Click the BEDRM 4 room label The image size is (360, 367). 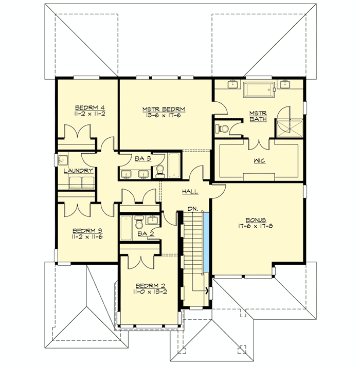click(x=89, y=107)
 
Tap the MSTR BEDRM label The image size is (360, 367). click(x=164, y=109)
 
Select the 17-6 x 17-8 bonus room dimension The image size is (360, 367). click(x=256, y=226)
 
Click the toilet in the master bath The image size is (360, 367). click(x=222, y=129)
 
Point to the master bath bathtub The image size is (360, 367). click(x=259, y=89)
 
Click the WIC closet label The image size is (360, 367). click(x=259, y=161)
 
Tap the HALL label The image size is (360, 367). click(x=190, y=192)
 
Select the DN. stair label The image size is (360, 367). click(x=193, y=209)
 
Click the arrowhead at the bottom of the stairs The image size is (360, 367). click(x=207, y=291)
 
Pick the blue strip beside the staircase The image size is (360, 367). click(x=206, y=242)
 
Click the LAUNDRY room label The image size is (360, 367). click(x=78, y=171)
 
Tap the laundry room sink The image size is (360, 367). click(x=63, y=160)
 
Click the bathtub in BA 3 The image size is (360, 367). click(x=174, y=165)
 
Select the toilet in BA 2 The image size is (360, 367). click(x=139, y=223)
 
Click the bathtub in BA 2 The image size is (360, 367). click(x=126, y=228)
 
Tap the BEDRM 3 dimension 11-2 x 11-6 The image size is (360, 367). click(x=87, y=236)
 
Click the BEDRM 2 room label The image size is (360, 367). click(x=150, y=286)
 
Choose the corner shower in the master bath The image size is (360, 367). click(x=290, y=128)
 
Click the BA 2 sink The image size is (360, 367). click(x=153, y=220)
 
